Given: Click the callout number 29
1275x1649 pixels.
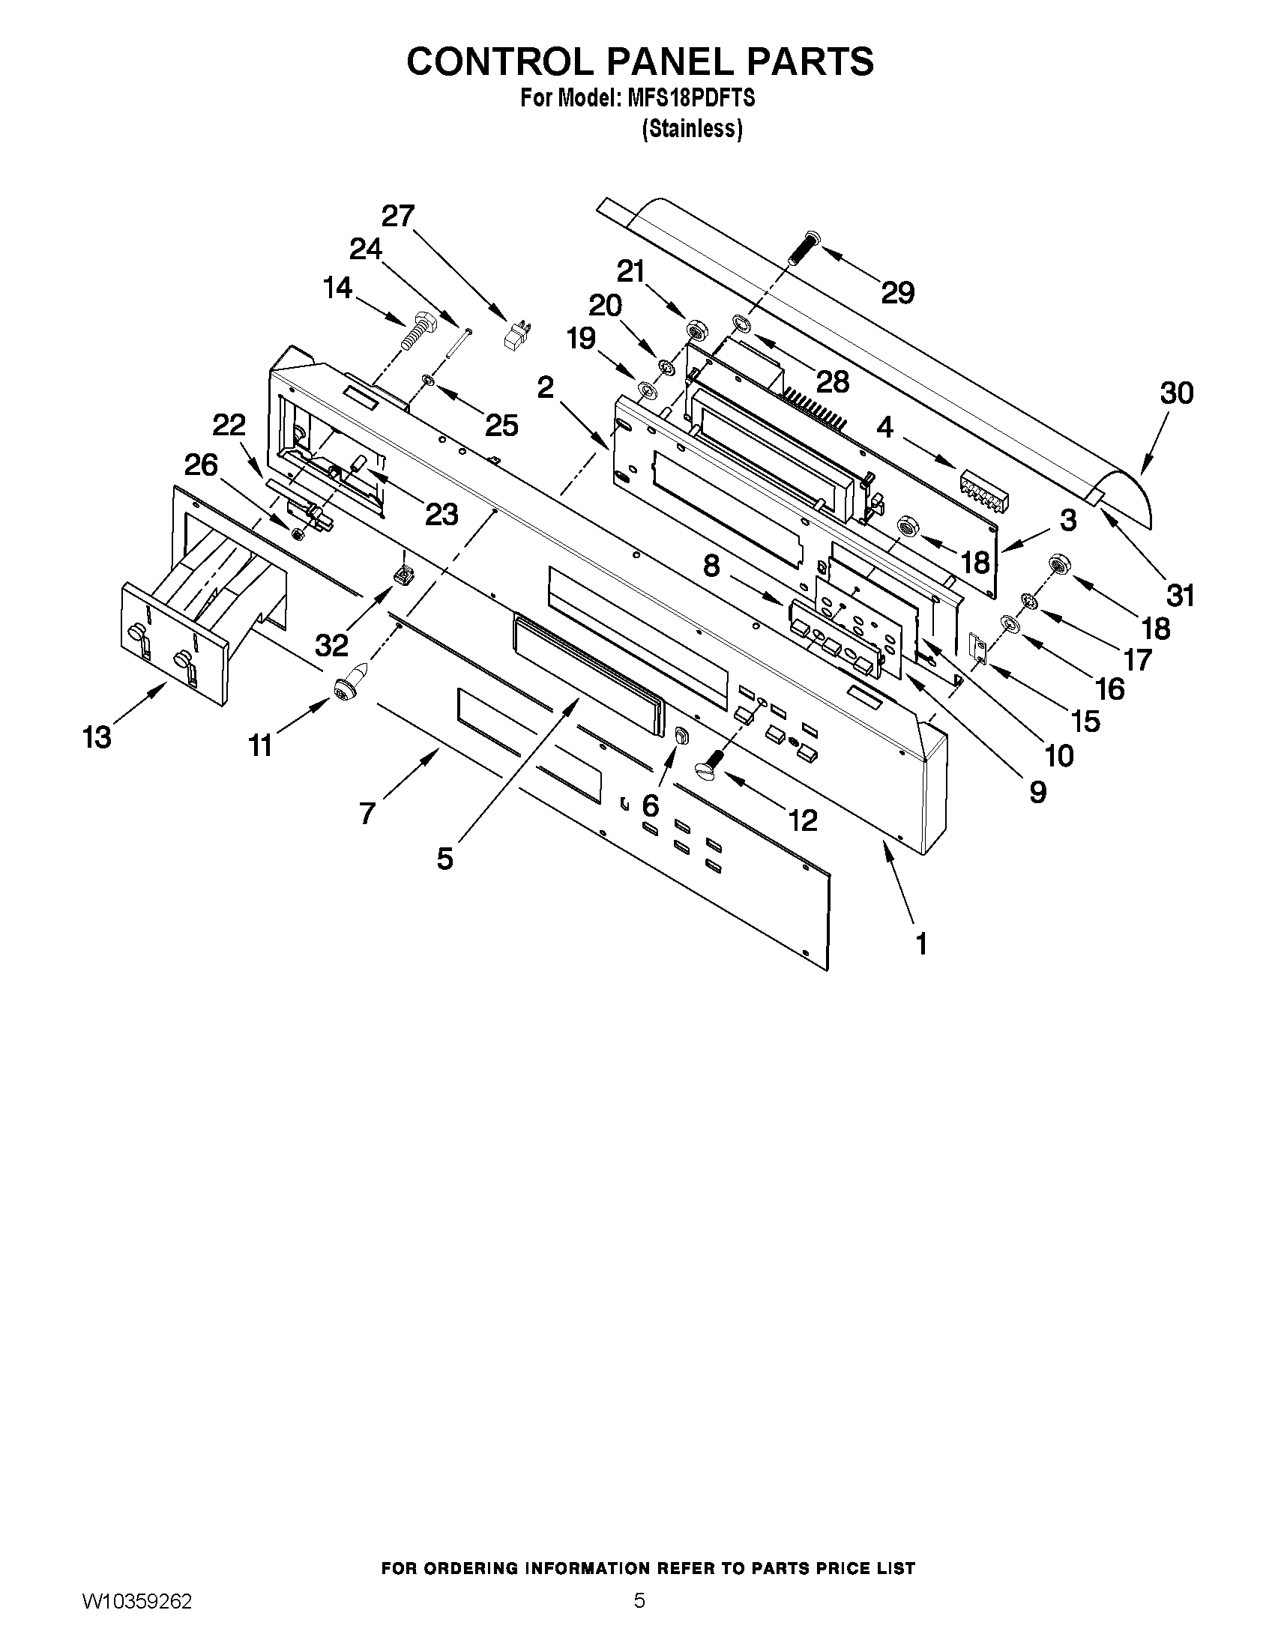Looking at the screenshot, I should (x=897, y=293).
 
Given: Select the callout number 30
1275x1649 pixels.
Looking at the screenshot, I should (x=1176, y=393).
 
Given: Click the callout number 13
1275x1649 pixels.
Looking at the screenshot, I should (x=97, y=737).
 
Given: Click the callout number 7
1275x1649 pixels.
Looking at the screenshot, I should (x=367, y=813).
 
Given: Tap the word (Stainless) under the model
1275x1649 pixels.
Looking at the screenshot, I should (x=692, y=129).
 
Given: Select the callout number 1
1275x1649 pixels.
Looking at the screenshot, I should (x=920, y=944).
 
